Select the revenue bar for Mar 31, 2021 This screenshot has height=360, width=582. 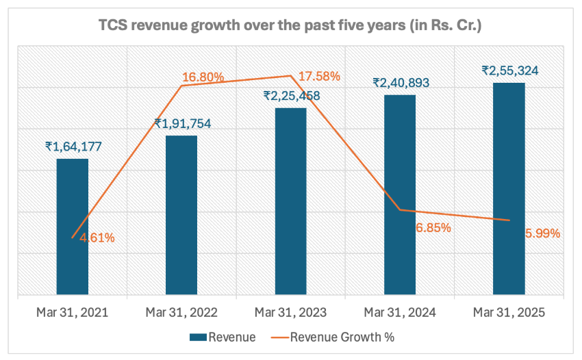(x=72, y=227)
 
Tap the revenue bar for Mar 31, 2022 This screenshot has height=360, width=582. (x=181, y=215)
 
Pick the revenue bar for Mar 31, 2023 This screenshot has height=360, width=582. (x=290, y=201)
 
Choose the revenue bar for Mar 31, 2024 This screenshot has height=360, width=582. (x=400, y=194)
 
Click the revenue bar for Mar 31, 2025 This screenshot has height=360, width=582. (x=509, y=189)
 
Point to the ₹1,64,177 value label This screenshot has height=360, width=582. (x=73, y=146)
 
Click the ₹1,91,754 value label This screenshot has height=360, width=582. (x=182, y=124)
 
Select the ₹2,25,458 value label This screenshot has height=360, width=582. (x=292, y=97)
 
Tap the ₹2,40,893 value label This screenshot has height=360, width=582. (x=401, y=83)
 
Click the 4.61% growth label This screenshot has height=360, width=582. (x=96, y=238)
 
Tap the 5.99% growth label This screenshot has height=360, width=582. (x=542, y=233)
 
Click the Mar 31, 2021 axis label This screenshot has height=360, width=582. (x=72, y=313)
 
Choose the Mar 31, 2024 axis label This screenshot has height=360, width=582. (x=400, y=313)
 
